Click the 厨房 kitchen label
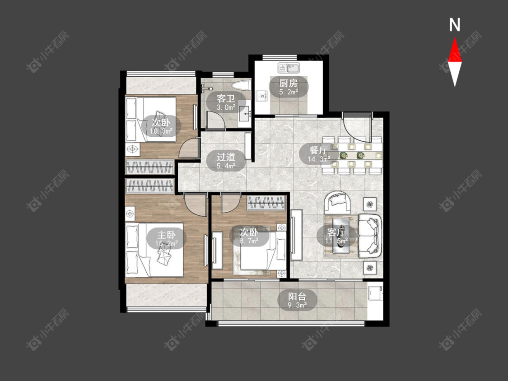[289, 83]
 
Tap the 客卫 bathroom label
[226, 98]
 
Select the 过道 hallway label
[226, 157]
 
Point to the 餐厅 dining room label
[319, 150]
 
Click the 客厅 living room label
[336, 232]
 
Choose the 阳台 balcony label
[298, 296]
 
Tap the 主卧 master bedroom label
[167, 235]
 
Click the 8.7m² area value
[249, 241]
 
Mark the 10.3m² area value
[161, 131]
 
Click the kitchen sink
[289, 68]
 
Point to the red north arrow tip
[455, 37]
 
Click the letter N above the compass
[455, 25]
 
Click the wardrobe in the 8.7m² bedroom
[266, 203]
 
